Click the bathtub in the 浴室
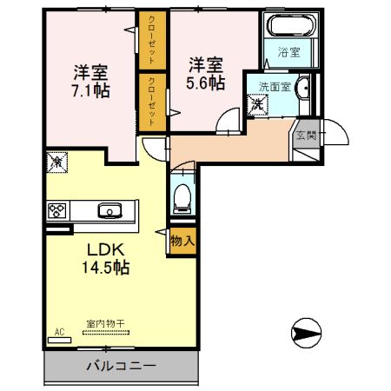click(291, 25)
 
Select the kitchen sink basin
click(109, 210)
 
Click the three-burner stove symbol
click(57, 211)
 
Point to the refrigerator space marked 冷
click(57, 162)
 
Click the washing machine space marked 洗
click(257, 104)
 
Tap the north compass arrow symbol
click(307, 333)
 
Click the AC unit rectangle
click(59, 341)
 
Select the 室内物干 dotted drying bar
click(106, 333)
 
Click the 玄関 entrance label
click(306, 136)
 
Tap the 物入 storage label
click(182, 241)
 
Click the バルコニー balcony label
click(121, 366)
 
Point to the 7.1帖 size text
click(90, 91)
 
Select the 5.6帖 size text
click(205, 83)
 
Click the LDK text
click(106, 249)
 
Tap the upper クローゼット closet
click(153, 40)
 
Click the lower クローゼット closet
click(153, 103)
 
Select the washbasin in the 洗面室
click(302, 86)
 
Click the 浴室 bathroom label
click(288, 52)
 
